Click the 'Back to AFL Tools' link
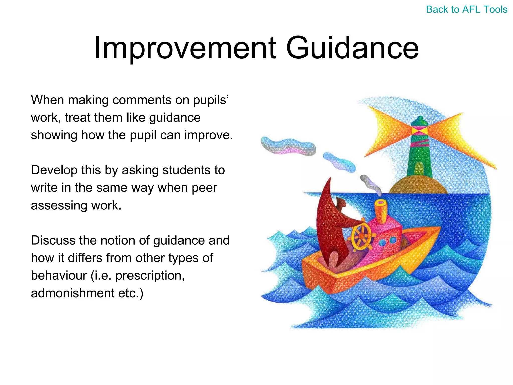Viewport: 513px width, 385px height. tap(466, 10)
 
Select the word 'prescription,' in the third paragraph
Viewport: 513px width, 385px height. tap(150, 276)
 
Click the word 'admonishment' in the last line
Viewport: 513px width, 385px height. tap(73, 293)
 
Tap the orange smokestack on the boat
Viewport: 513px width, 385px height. tap(381, 211)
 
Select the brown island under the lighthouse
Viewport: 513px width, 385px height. tap(418, 185)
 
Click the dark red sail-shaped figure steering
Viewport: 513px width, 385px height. tap(328, 226)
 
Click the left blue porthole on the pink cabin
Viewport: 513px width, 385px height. tap(382, 242)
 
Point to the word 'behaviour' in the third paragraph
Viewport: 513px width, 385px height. tap(59, 276)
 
